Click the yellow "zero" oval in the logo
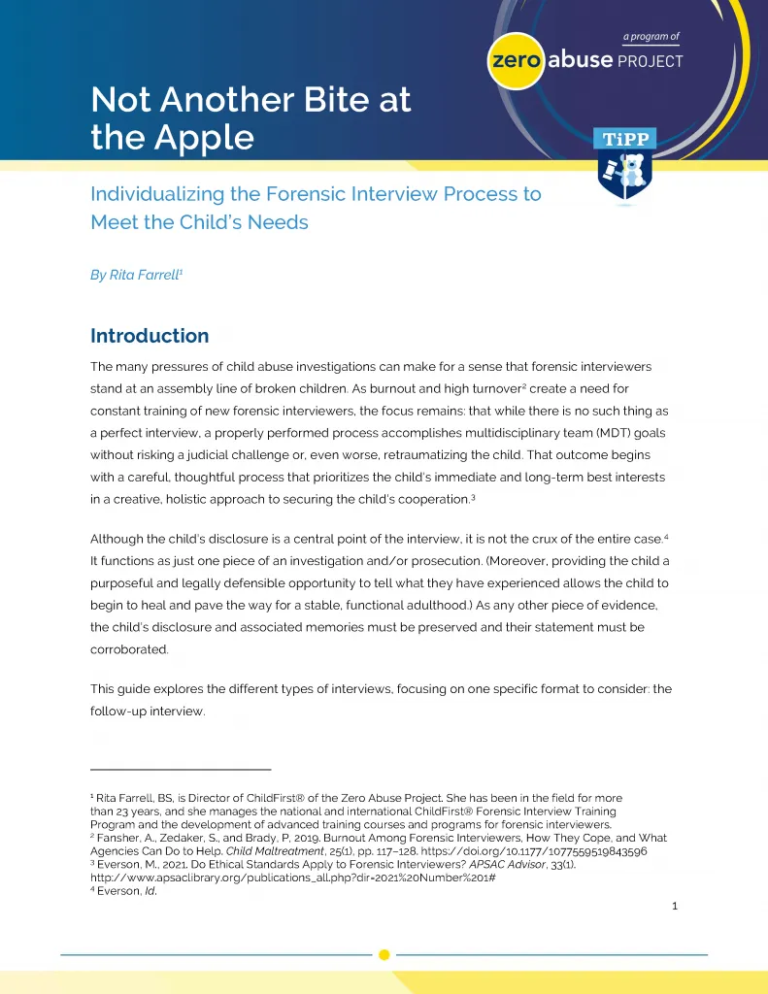coord(517,60)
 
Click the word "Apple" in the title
coord(198,137)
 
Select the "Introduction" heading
coord(150,336)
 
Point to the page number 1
coord(674,907)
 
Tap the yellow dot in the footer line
coord(384,954)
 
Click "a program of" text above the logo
coord(651,37)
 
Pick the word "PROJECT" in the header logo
coord(650,61)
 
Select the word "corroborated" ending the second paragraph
coord(129,649)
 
